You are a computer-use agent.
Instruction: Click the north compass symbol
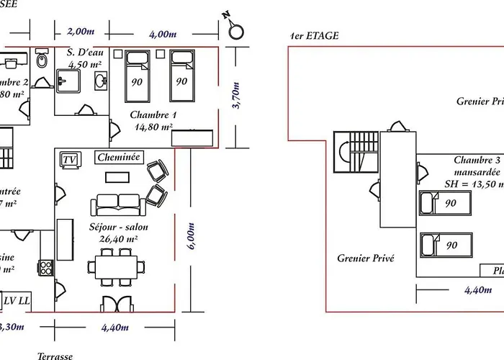click(x=235, y=31)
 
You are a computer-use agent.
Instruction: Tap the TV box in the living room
click(x=69, y=159)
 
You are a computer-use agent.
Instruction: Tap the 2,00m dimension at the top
click(x=80, y=32)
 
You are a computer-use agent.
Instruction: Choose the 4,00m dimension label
click(x=163, y=33)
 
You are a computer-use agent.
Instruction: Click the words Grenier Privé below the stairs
click(x=366, y=257)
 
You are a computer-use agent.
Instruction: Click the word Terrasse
click(x=55, y=355)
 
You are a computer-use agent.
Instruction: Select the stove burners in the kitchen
click(x=45, y=268)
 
